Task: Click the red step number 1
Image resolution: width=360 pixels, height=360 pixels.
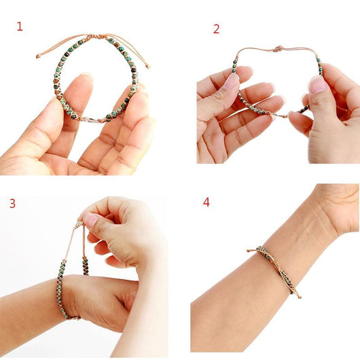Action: (x=20, y=26)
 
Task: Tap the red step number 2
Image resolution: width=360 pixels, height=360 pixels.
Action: (x=216, y=29)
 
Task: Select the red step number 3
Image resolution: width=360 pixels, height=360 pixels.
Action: (x=12, y=203)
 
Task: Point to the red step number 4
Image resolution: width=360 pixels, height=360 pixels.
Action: (x=206, y=202)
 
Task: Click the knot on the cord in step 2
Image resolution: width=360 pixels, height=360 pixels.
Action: (x=277, y=49)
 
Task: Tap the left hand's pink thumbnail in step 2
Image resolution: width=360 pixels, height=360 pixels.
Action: (x=232, y=81)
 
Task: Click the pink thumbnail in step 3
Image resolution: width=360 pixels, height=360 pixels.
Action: (x=90, y=219)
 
